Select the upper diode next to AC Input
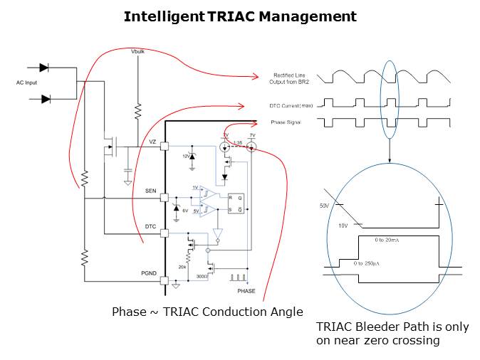coord(44,68)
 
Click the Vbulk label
coord(138,53)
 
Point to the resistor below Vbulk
coord(137,110)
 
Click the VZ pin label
coord(152,142)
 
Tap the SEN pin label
coord(150,191)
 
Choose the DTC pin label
coord(150,226)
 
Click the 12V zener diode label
coord(186,156)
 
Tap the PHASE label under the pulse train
coord(246,291)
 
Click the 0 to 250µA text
coord(369,264)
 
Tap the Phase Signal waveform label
coord(286,122)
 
